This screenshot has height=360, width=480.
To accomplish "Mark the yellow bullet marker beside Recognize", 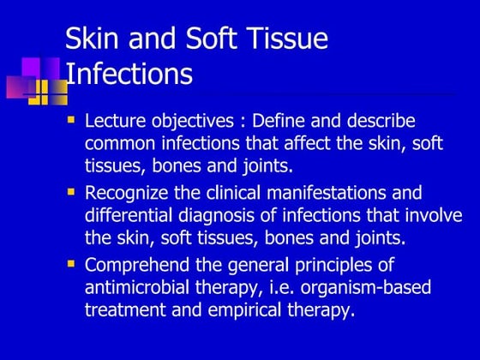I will pos(72,191).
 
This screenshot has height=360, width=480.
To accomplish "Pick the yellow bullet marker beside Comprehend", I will pos(72,263).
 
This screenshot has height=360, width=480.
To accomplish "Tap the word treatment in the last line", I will pos(126,309).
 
